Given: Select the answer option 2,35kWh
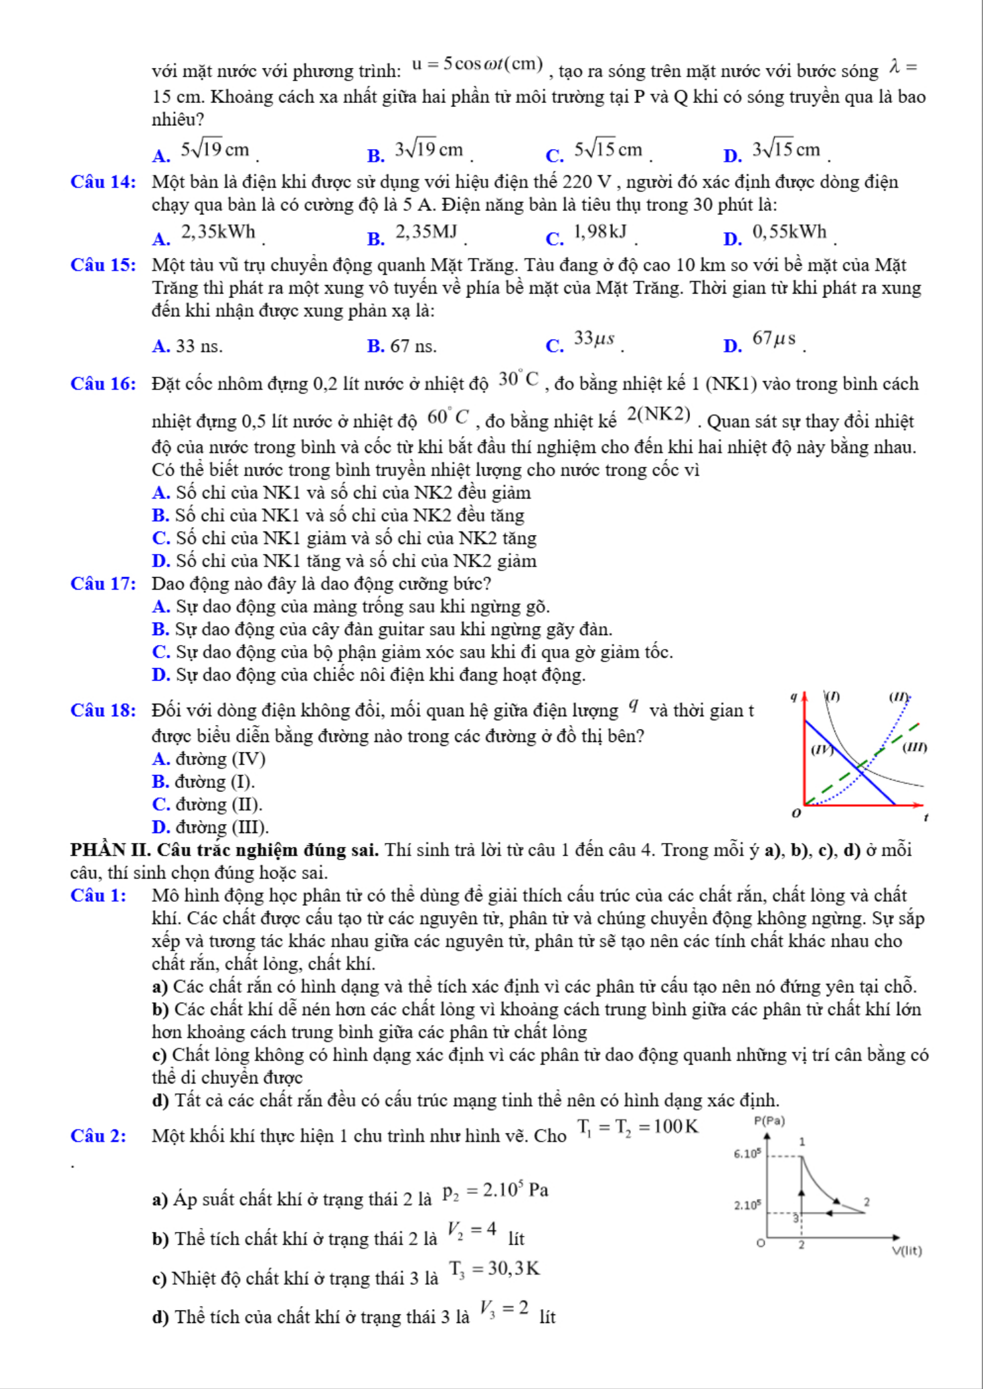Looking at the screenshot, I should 218,232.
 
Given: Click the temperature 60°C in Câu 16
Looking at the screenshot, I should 448,417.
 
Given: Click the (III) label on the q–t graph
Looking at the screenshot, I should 914,747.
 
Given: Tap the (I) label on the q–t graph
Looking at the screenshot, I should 833,696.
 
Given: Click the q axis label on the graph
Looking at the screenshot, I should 794,696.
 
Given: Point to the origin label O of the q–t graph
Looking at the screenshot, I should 796,813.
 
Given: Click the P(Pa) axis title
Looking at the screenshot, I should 769,1121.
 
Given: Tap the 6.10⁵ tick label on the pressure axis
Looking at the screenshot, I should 747,1154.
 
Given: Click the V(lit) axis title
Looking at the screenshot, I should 906,1250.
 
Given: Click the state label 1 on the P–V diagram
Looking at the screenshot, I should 802,1142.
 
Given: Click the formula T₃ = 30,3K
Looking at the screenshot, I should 494,1268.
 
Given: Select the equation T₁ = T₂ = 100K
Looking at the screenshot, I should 637,1127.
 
